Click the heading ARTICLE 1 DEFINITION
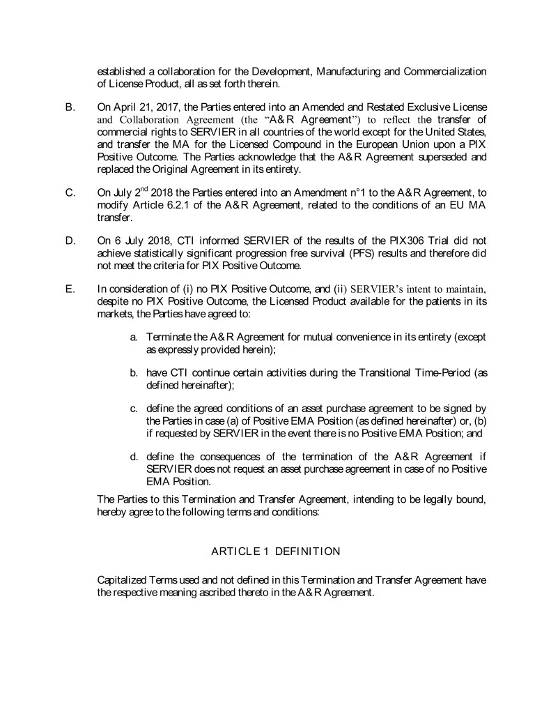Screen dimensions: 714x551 (275, 552)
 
